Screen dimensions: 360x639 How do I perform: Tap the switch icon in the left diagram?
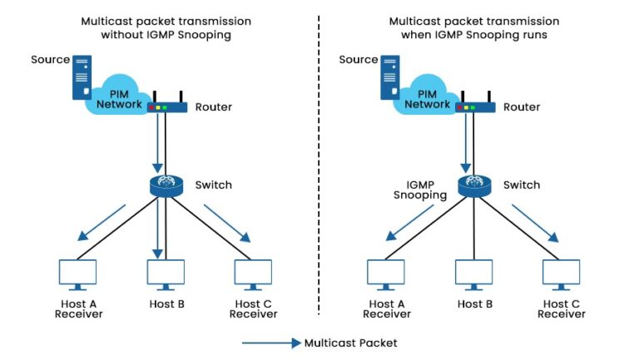tap(166, 185)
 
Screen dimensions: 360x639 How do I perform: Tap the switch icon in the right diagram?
tap(474, 185)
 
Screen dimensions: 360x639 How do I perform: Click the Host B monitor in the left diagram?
tap(166, 273)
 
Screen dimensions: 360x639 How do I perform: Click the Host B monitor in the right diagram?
tap(474, 273)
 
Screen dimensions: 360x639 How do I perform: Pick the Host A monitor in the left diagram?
tap(78, 273)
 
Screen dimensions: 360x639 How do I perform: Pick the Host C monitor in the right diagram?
tap(562, 273)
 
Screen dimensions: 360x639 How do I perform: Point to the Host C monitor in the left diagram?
tap(253, 273)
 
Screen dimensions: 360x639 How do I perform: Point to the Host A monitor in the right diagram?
tap(386, 273)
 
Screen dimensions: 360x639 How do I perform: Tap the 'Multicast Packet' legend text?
tap(350, 343)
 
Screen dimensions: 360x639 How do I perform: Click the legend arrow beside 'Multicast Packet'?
tap(270, 343)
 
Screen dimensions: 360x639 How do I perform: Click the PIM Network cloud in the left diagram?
tap(116, 99)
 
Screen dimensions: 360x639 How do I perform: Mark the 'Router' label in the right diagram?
tap(522, 107)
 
